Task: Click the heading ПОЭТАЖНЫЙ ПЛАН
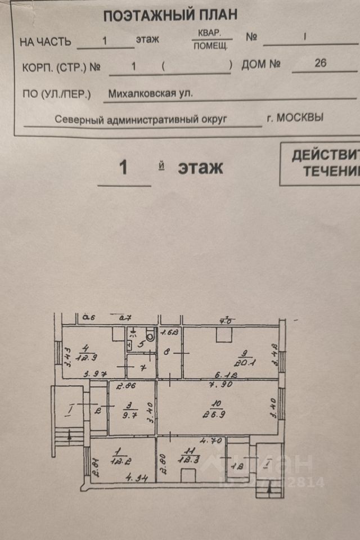170,15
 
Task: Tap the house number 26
320,63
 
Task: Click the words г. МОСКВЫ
295,118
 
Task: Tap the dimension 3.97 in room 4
94,374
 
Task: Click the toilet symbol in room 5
150,332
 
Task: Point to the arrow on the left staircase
69,434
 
